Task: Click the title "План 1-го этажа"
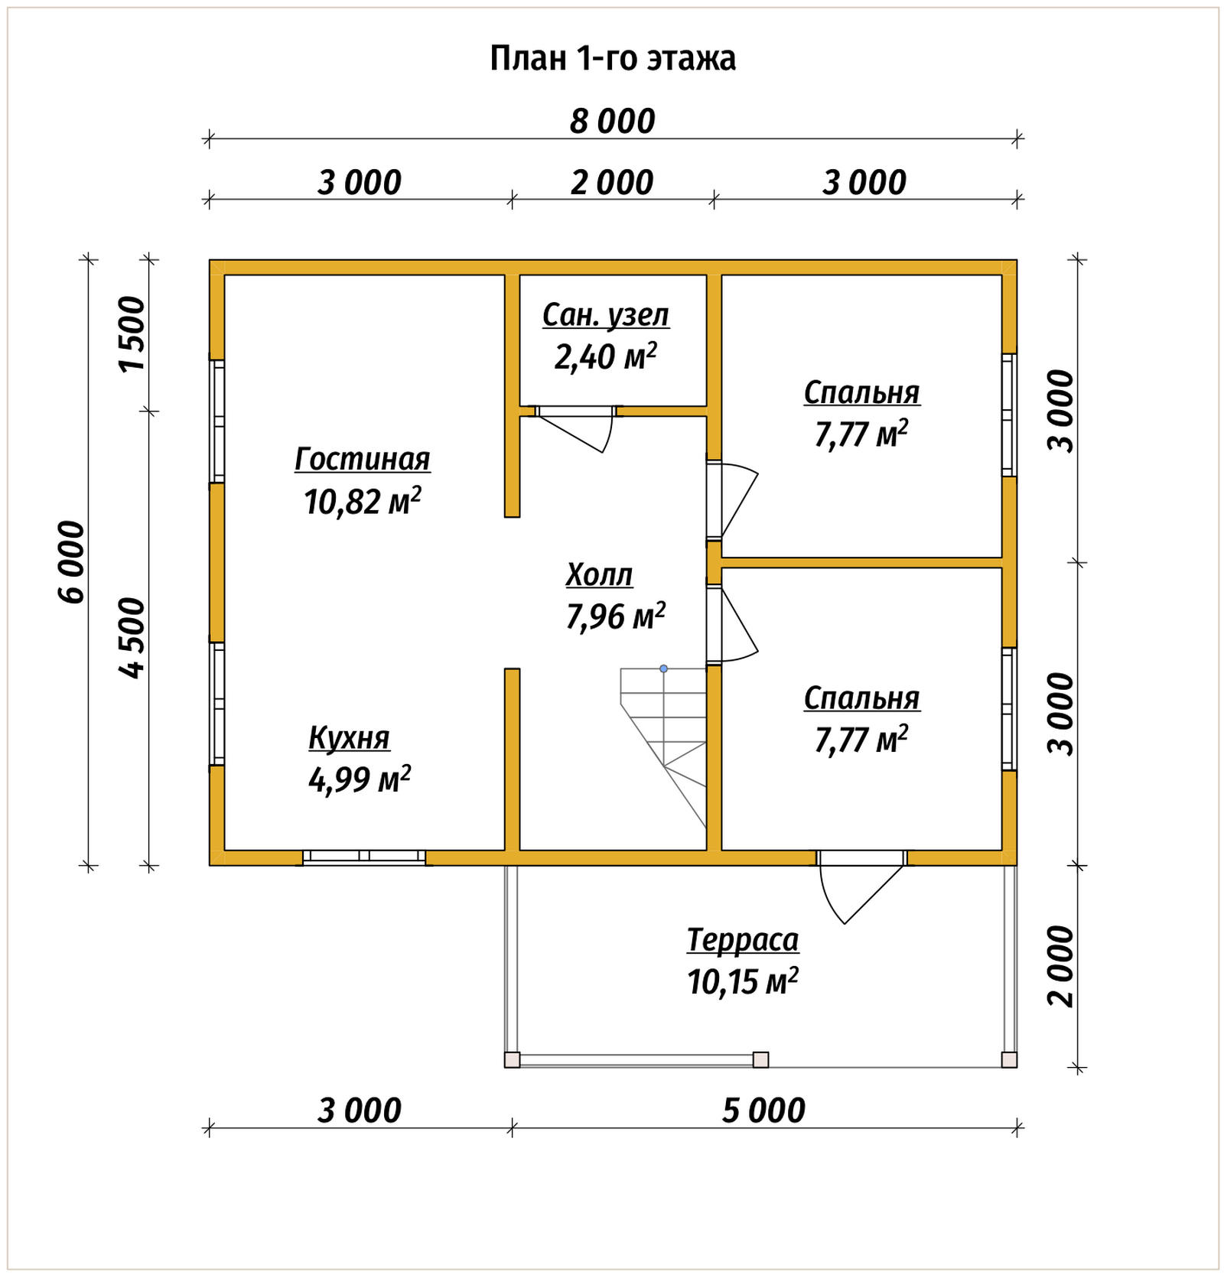[613, 59]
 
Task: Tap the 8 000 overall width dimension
[613, 122]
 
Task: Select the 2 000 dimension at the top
[612, 183]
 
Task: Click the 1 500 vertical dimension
[132, 334]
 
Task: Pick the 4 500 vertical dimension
[132, 638]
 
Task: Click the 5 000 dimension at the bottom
[763, 1111]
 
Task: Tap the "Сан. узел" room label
[606, 315]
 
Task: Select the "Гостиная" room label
[363, 459]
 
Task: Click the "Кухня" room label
[349, 738]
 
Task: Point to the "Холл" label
[600, 574]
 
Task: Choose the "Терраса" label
[743, 940]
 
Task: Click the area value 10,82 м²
[363, 502]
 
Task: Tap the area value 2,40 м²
[606, 356]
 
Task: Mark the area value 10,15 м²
[743, 981]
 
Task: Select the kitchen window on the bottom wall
[364, 857]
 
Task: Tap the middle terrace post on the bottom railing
[760, 1059]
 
